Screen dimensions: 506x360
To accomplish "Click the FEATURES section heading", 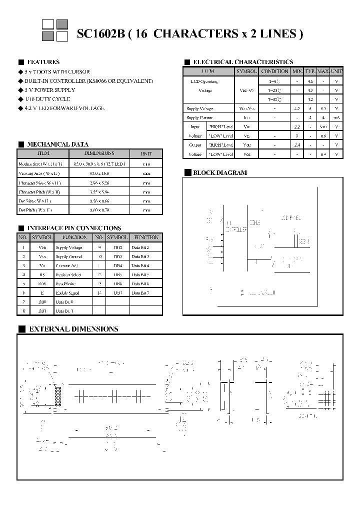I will (43, 62).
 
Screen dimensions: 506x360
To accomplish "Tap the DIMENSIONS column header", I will (99, 153).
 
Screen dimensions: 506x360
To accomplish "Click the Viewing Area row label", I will (38, 173).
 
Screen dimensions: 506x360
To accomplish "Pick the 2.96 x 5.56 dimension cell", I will (99, 182).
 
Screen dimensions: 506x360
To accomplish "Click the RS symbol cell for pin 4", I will (42, 274).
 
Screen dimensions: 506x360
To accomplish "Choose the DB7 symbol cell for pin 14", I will (117, 292).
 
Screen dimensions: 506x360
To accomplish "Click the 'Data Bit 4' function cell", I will (140, 265).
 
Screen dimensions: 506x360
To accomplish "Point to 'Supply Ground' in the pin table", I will (69, 256).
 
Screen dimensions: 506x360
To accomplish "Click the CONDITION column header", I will (274, 71).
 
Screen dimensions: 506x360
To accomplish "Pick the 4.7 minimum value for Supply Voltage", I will (297, 108).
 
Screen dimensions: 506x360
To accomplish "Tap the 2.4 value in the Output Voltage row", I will (297, 145).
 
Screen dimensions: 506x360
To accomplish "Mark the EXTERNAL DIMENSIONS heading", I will (73, 329).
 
